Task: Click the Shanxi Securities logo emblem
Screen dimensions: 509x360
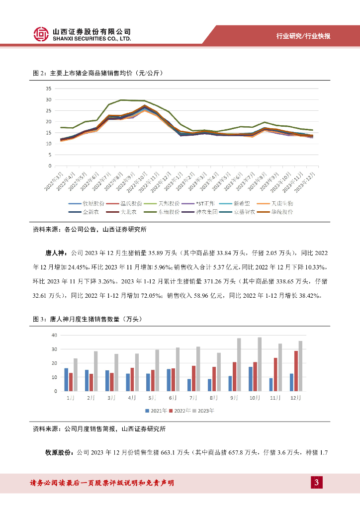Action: point(41,34)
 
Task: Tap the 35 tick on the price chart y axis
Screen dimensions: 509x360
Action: point(48,88)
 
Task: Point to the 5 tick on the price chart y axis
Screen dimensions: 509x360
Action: point(49,155)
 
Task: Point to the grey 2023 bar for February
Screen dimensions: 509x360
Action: point(96,371)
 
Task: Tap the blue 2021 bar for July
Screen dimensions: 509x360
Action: point(189,385)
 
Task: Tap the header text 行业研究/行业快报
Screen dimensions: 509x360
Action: point(303,36)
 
